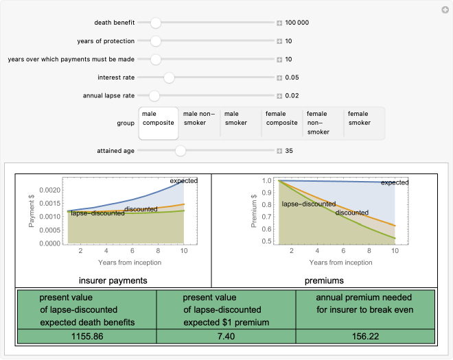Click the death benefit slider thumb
[x=156, y=23]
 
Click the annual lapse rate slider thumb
[x=154, y=95]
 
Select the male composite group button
[x=159, y=123]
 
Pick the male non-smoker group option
[x=200, y=123]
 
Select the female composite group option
[x=282, y=123]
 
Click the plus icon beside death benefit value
[x=279, y=23]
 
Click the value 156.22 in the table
[x=365, y=337]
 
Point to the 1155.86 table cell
[x=87, y=337]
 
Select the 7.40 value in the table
[x=226, y=337]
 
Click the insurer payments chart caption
[x=113, y=280]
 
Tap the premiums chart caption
[x=323, y=280]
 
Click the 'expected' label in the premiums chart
[x=395, y=182]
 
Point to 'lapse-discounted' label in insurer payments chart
[x=97, y=213]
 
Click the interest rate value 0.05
[x=292, y=77]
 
